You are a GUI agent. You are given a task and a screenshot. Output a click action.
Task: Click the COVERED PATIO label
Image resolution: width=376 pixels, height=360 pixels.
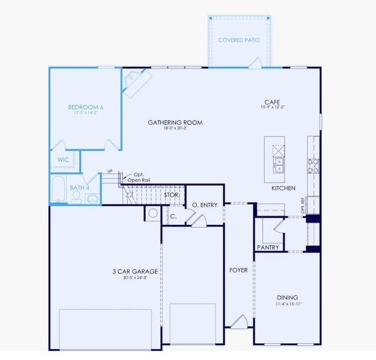point(239,40)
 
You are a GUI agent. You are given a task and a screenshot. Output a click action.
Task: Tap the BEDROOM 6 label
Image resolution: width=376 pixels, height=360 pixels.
point(85,107)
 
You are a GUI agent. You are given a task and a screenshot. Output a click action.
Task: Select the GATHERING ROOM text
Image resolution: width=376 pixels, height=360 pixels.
point(175,122)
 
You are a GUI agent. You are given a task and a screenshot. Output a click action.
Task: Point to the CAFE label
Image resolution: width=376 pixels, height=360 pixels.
point(271,102)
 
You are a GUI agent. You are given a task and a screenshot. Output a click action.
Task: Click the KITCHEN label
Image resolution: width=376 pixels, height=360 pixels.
point(283,188)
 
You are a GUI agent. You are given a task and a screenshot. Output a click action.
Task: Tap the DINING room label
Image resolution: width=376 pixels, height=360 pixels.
point(287,298)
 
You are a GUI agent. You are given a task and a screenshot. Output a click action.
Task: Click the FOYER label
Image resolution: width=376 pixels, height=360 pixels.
point(238,270)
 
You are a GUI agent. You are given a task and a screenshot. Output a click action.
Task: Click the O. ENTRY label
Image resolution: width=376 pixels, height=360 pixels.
point(204,205)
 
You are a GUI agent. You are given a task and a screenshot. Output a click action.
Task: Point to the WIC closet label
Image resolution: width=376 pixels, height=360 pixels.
point(63,160)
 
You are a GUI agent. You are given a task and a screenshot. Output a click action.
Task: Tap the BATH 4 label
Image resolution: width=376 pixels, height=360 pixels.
point(79,188)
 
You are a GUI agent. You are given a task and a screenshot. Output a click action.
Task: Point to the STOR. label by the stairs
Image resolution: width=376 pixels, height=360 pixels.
point(171,195)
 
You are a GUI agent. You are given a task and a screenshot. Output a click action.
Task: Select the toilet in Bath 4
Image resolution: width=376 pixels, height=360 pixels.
point(77,197)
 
